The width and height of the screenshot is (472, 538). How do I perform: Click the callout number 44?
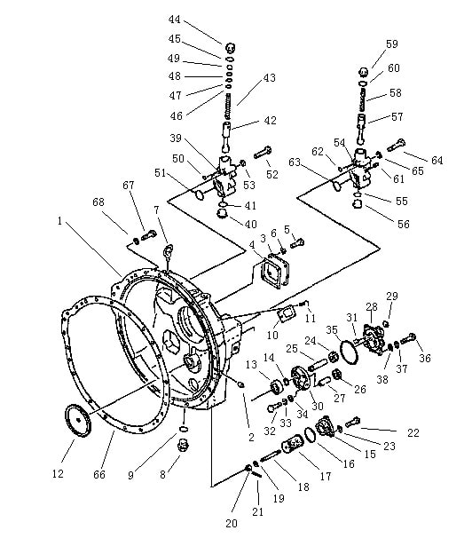coord(174,20)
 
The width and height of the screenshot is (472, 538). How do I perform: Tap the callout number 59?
coord(392,44)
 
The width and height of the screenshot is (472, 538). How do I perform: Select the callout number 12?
coord(58,474)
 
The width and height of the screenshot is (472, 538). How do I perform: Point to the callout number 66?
coord(99,475)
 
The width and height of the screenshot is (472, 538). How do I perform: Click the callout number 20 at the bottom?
coord(232,523)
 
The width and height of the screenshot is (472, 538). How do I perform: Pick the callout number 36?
coord(425,358)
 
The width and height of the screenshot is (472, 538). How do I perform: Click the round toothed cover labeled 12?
coord(78,421)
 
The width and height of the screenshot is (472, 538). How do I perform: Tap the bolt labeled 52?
coord(263,153)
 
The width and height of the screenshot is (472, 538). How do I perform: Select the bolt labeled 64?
coord(397,145)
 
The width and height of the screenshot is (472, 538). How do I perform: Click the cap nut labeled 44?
coord(232,47)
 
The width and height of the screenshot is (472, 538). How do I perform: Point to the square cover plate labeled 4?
coord(271,271)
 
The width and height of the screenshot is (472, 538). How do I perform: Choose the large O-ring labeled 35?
coord(350,351)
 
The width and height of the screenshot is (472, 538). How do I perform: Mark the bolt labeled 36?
coord(408,339)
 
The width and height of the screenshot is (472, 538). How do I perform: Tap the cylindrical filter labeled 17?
coord(292,444)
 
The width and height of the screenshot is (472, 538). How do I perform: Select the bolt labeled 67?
coord(149,236)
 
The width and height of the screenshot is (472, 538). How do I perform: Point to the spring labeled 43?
coord(228,107)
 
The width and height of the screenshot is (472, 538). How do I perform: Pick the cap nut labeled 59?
coord(364,73)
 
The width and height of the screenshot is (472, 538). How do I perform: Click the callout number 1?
coord(60,221)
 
